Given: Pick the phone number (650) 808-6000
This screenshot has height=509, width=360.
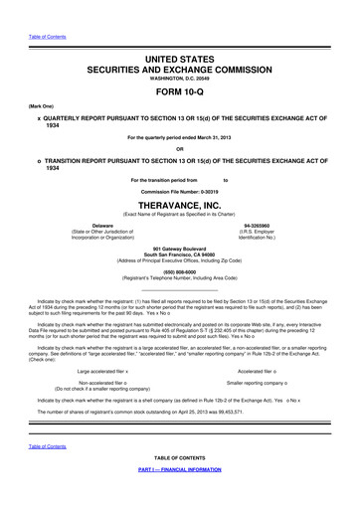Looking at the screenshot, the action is click(180, 272).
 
